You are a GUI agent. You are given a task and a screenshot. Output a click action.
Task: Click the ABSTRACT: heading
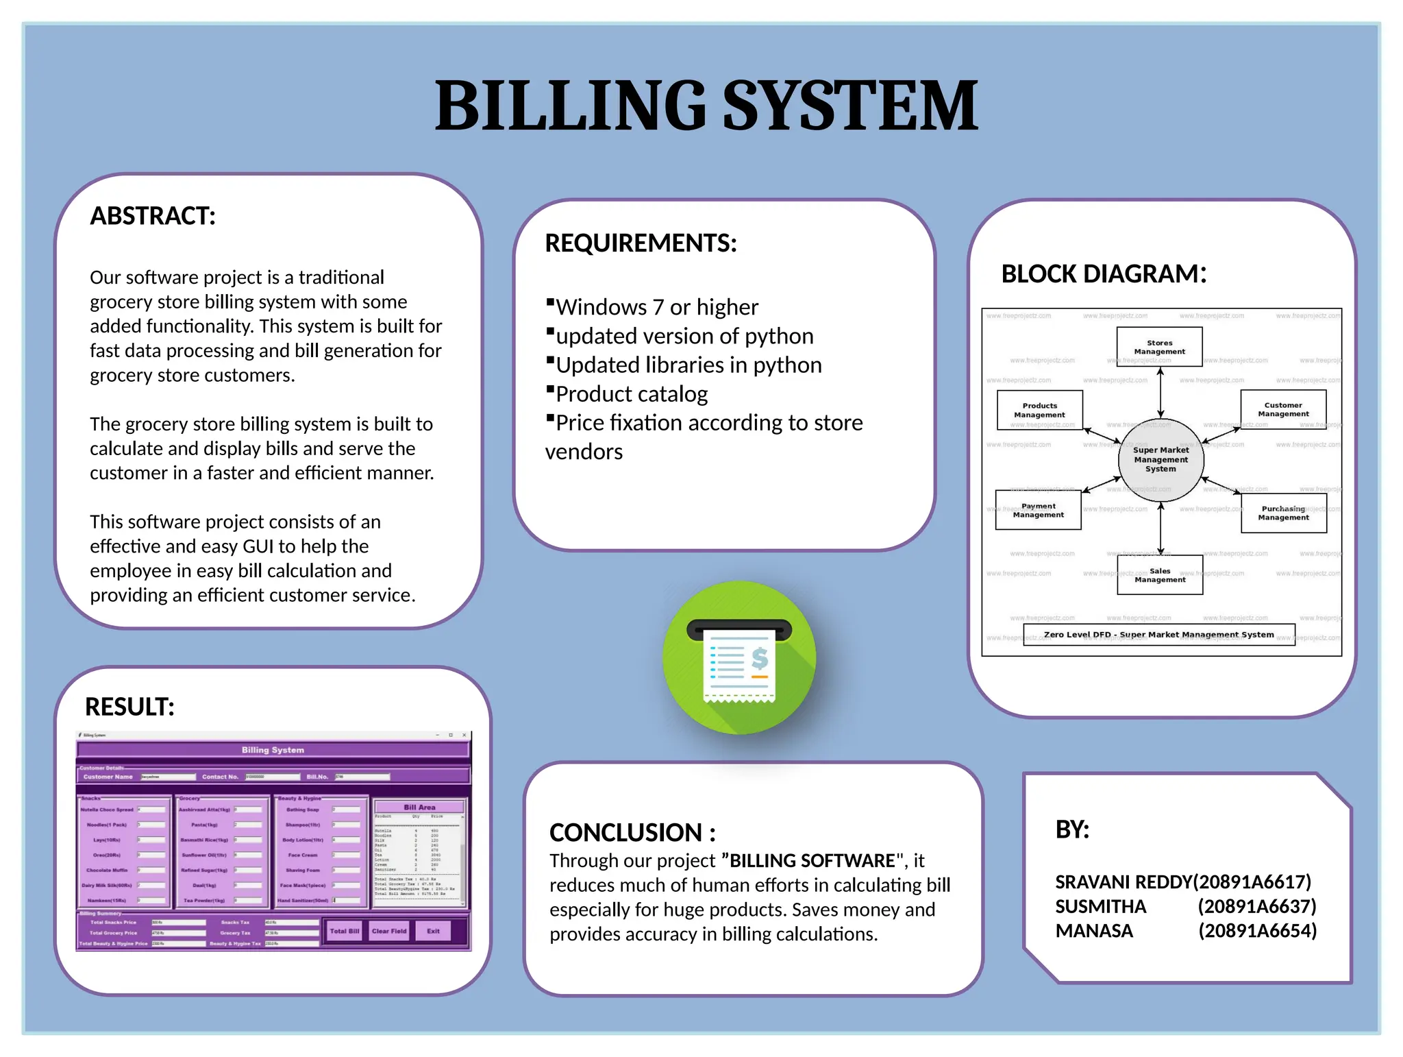click(x=153, y=216)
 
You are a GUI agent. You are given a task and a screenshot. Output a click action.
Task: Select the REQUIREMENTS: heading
click(x=641, y=243)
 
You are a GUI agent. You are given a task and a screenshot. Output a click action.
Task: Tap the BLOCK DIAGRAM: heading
click(x=1103, y=274)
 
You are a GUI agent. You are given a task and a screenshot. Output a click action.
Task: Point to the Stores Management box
click(x=1159, y=347)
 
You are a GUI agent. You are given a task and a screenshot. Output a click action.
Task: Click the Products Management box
click(x=1039, y=410)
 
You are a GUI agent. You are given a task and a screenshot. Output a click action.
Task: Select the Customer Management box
click(x=1283, y=409)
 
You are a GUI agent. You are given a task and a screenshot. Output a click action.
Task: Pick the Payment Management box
click(x=1038, y=510)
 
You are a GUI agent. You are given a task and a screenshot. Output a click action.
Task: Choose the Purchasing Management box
click(x=1283, y=513)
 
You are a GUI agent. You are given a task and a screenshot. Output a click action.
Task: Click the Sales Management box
click(x=1160, y=574)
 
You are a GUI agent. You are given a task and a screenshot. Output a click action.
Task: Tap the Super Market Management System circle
click(x=1160, y=459)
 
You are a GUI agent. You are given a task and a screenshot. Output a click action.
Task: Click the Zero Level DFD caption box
click(x=1158, y=635)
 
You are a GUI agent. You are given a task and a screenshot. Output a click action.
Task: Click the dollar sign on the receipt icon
click(x=759, y=657)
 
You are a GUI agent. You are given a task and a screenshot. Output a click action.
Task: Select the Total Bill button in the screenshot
click(x=344, y=931)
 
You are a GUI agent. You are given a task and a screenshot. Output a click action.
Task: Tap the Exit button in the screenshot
click(x=433, y=931)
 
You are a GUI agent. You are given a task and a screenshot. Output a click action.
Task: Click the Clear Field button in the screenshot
click(x=389, y=931)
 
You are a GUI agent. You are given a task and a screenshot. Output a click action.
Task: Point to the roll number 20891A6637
click(x=1257, y=906)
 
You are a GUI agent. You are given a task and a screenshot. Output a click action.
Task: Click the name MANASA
click(x=1094, y=931)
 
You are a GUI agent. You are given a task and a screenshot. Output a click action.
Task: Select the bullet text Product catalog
click(x=632, y=394)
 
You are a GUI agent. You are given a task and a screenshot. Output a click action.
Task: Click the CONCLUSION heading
click(x=632, y=832)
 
